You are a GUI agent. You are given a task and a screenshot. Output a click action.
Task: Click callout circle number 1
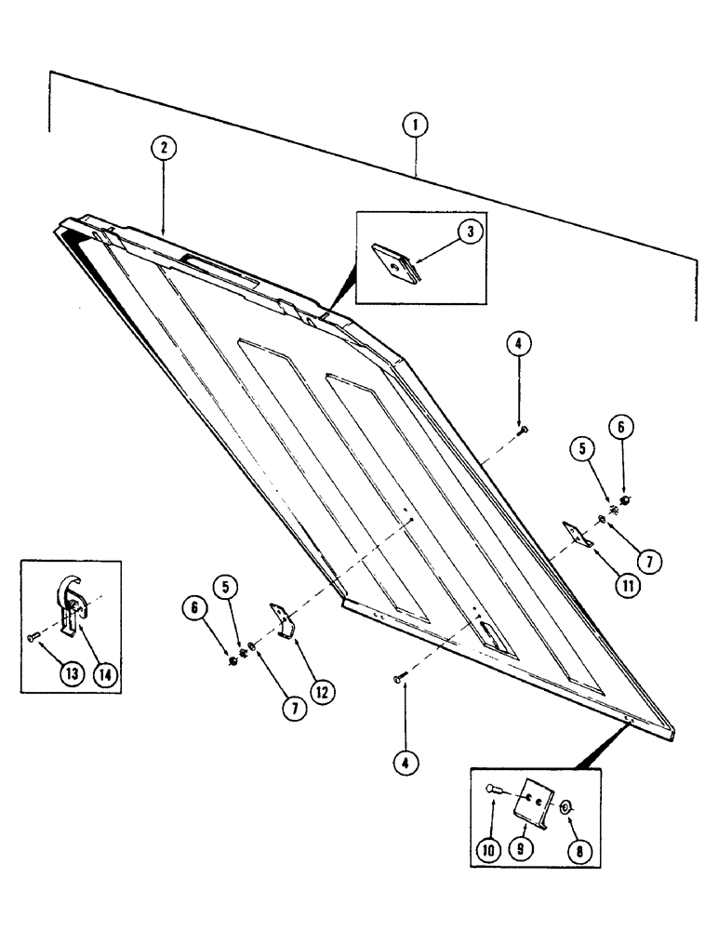tap(416, 125)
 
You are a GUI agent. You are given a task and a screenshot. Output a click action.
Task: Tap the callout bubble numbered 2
tap(163, 149)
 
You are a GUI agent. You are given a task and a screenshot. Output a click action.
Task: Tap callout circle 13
tap(38, 674)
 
